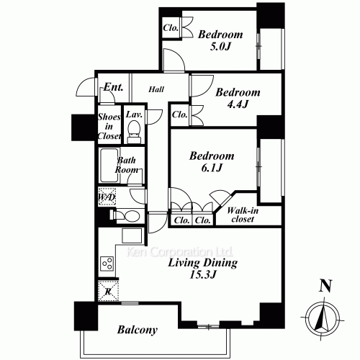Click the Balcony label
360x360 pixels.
(x=138, y=330)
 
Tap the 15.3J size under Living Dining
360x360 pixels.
(x=203, y=274)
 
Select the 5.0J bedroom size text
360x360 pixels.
(x=220, y=47)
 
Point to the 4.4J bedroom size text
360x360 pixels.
(x=238, y=104)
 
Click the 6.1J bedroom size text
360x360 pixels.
(x=212, y=168)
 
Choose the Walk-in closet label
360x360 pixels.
(x=243, y=215)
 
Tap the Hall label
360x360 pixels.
(x=156, y=89)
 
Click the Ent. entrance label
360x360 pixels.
(x=114, y=87)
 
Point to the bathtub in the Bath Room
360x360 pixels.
(x=109, y=166)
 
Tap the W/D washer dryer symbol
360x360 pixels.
(x=107, y=197)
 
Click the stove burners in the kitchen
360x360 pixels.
(x=107, y=264)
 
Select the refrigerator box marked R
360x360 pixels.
(x=109, y=291)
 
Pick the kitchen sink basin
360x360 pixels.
(x=132, y=235)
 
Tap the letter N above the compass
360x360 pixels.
(x=325, y=286)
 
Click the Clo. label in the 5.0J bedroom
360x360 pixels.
(x=171, y=28)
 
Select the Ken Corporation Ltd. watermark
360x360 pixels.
(x=179, y=252)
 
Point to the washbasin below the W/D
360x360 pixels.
(x=127, y=216)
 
